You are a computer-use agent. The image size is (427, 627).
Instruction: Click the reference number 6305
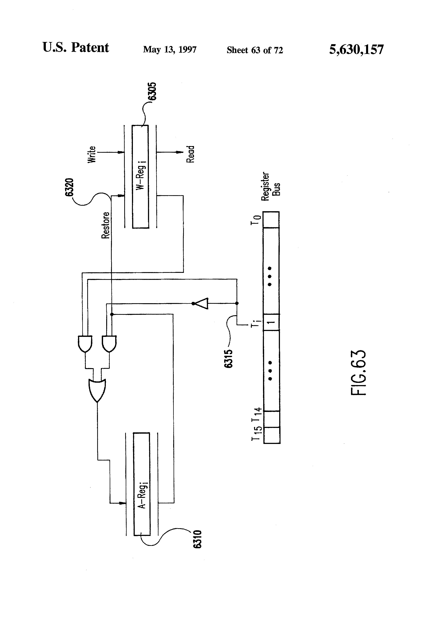tap(153, 91)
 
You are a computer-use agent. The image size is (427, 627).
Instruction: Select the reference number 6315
tap(228, 359)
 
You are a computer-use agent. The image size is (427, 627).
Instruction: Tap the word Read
tap(190, 154)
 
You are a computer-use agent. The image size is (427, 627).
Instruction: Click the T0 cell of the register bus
tap(271, 220)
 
